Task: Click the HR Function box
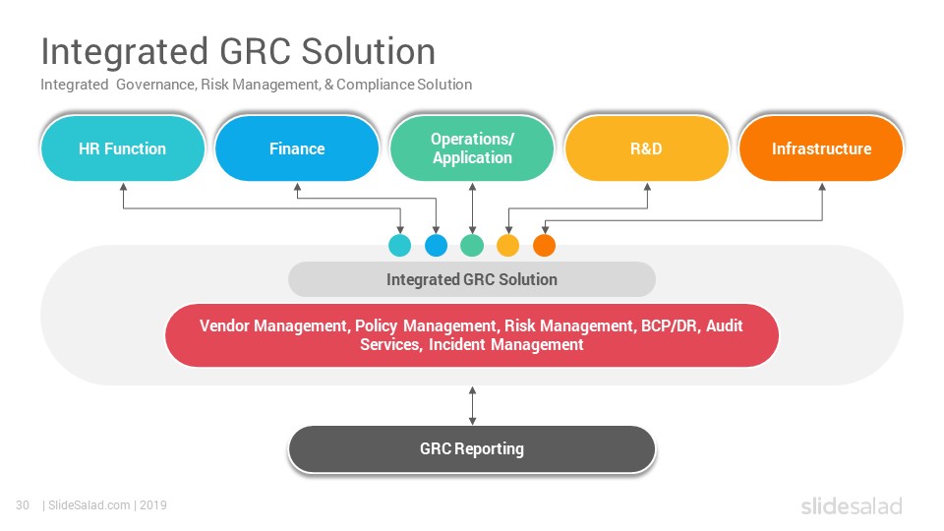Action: (x=123, y=148)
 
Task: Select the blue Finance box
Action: (x=297, y=148)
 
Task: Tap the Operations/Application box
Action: (x=472, y=148)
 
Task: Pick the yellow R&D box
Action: (x=647, y=148)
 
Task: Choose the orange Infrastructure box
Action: (x=821, y=148)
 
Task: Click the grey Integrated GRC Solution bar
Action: (x=472, y=279)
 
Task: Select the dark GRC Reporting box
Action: (x=472, y=449)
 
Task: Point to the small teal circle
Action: (x=400, y=246)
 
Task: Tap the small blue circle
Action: (x=436, y=246)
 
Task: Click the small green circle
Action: (x=472, y=246)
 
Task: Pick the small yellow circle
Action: (x=508, y=246)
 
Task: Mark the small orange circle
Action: (x=544, y=246)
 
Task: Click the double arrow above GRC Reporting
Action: (x=473, y=406)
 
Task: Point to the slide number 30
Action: (x=23, y=505)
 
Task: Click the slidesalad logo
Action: (x=852, y=505)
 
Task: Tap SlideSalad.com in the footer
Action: (x=89, y=505)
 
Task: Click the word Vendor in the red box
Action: (x=224, y=325)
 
